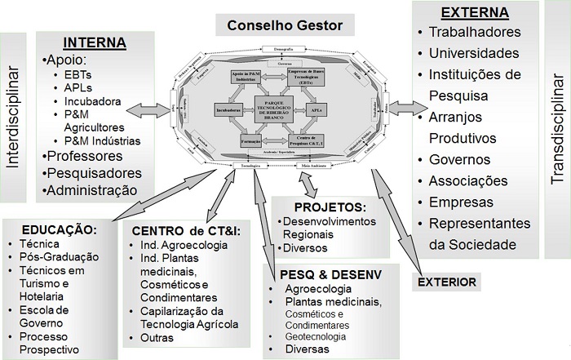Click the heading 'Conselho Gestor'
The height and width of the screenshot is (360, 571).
pos(284,24)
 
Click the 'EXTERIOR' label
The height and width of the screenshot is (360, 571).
pos(448,282)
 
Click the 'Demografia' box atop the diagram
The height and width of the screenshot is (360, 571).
pos(278,50)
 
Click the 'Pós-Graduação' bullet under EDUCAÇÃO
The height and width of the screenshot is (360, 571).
pos(55,256)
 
